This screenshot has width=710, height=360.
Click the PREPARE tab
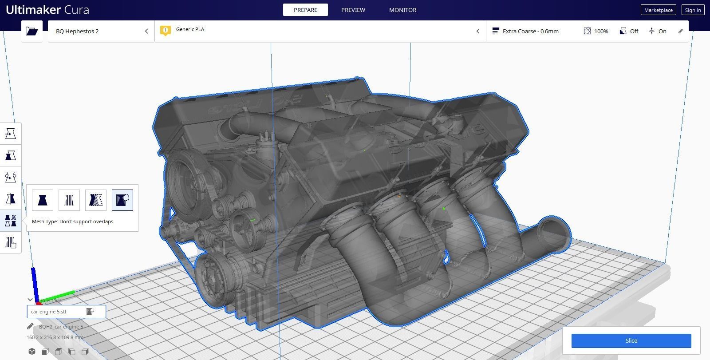(305, 10)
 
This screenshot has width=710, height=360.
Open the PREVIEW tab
(353, 10)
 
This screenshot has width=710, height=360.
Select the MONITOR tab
(402, 10)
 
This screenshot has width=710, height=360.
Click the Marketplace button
(658, 10)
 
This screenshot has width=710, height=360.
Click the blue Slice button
(631, 340)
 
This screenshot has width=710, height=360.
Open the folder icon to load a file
(32, 31)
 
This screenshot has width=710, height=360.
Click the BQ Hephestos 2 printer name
(77, 31)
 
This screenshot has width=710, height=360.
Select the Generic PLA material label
(190, 29)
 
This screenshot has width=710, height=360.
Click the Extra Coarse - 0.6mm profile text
(530, 31)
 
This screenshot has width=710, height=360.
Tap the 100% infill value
(601, 31)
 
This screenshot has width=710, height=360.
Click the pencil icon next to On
(680, 31)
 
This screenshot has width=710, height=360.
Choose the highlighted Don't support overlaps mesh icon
(122, 200)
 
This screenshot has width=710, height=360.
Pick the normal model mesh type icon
(43, 200)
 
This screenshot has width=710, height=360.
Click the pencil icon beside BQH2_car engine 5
(30, 327)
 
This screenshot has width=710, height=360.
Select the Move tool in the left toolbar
(11, 134)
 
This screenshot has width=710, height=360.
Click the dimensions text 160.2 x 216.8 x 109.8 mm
(55, 337)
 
